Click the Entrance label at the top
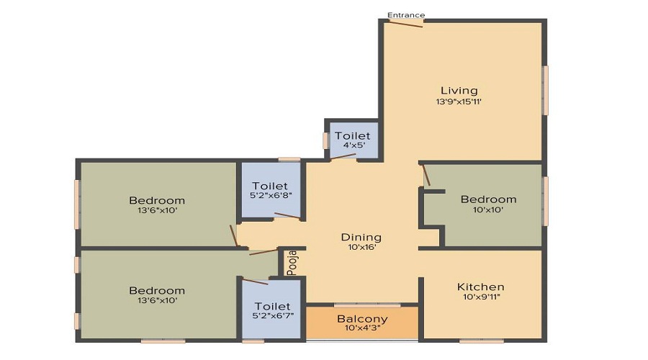coord(406,15)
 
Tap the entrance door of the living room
coord(406,23)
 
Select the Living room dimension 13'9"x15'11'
coord(459,102)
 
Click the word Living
coord(459,90)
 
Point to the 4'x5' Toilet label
coord(353,135)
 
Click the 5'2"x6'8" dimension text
coord(271,195)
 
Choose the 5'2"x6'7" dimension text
coord(272,316)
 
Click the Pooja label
coord(292,263)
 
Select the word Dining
coord(361,238)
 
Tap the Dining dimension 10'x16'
coord(361,247)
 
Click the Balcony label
coord(362,319)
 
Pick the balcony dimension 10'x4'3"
coord(362,328)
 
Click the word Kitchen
coord(480,287)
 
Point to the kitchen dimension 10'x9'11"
coord(480,297)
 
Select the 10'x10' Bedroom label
coord(488,199)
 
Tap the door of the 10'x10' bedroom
coord(426,175)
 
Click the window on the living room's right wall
coord(545,90)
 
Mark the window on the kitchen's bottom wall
coord(482,341)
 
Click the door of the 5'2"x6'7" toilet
coord(255,282)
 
